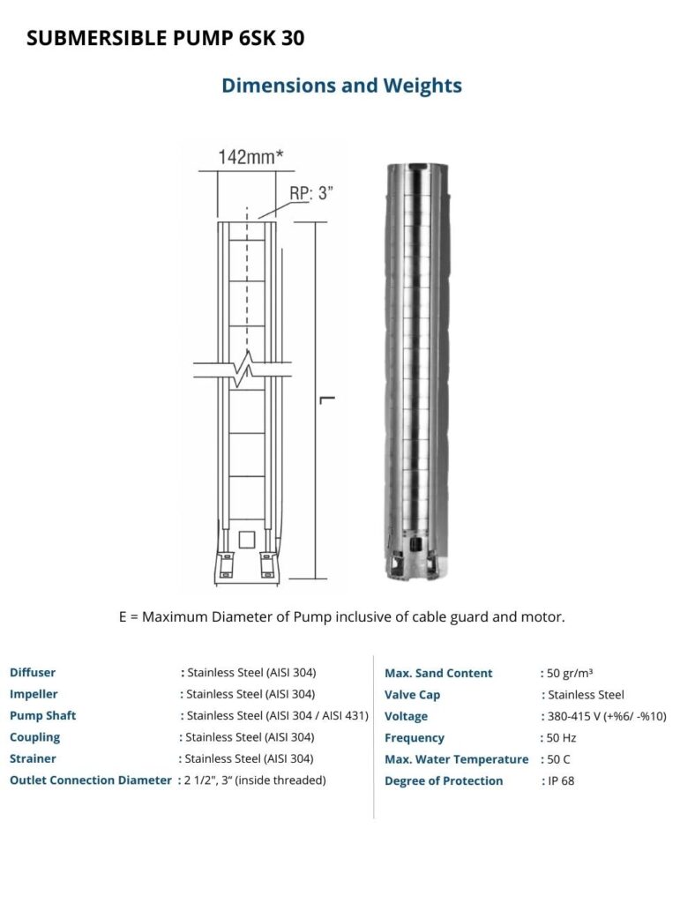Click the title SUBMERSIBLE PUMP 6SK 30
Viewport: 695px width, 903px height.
point(165,38)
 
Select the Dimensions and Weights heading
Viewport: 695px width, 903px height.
point(341,86)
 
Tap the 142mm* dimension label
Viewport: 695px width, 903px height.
point(250,157)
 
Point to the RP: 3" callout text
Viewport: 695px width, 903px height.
point(311,193)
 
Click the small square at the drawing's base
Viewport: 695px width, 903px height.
point(247,540)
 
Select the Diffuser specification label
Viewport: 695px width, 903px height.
point(33,672)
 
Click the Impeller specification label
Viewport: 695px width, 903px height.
point(34,694)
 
